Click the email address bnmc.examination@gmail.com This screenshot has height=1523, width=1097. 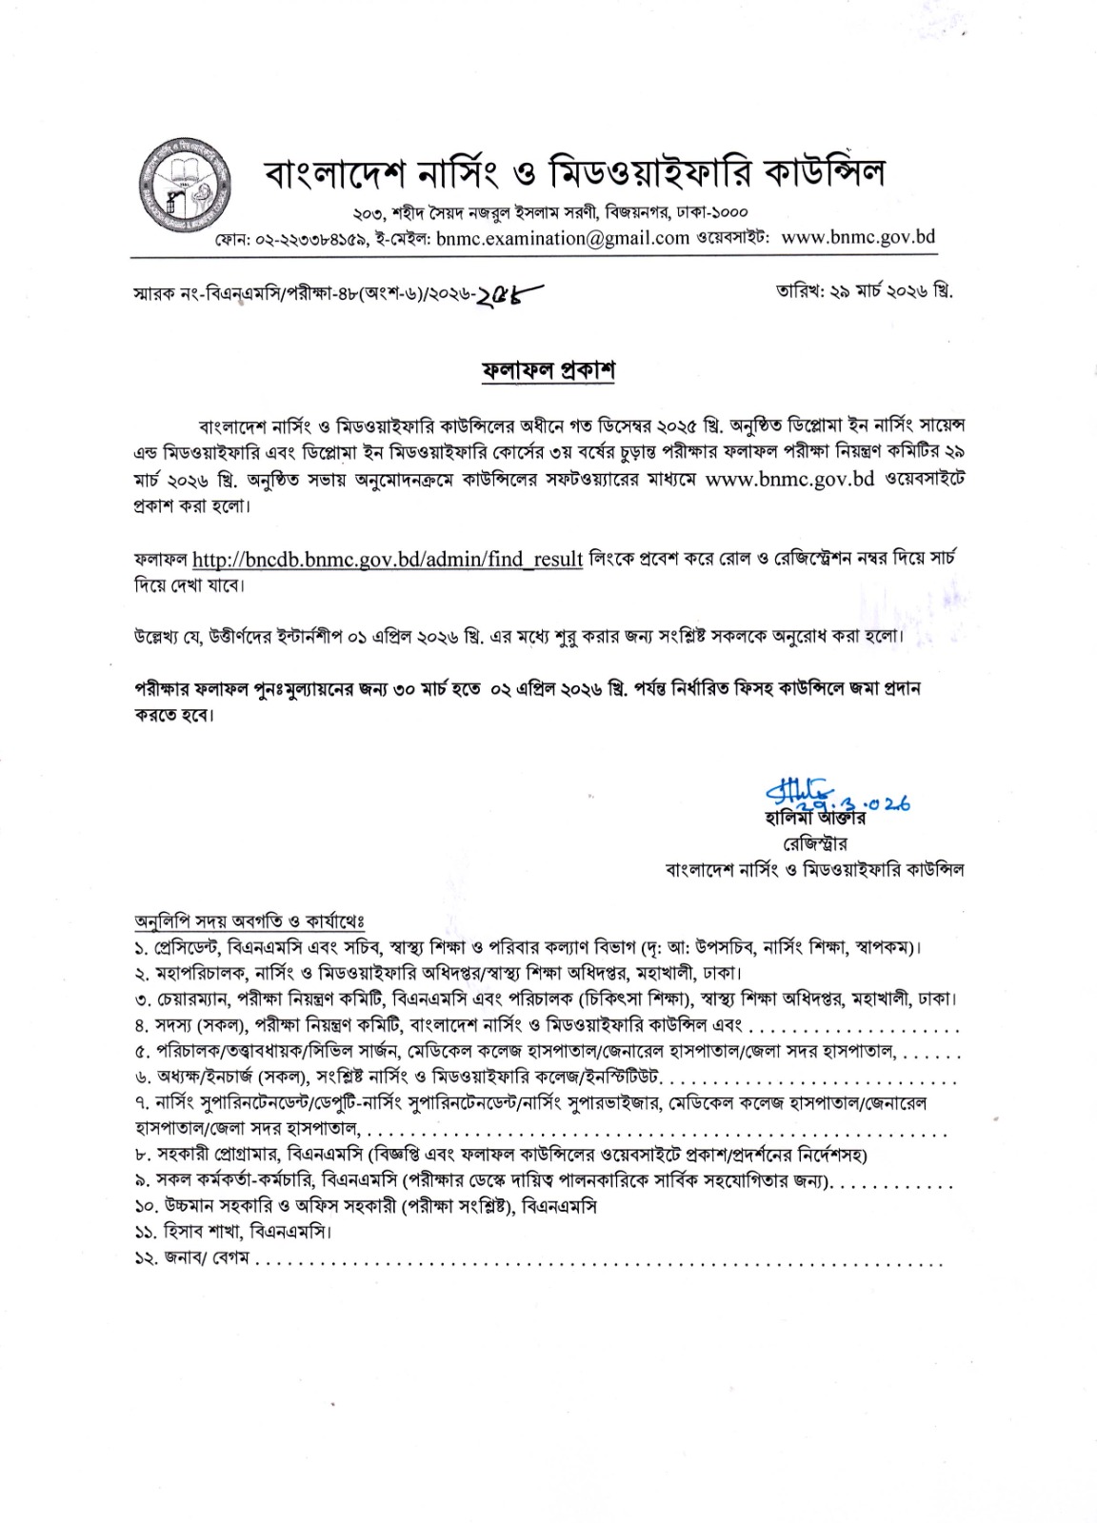[x=563, y=239]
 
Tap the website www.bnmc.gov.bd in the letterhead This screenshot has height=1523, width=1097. [x=858, y=237]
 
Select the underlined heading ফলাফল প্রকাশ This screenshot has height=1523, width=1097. [x=548, y=370]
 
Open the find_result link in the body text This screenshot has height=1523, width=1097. [x=388, y=559]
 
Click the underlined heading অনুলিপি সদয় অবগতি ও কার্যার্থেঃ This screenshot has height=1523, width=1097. [x=249, y=921]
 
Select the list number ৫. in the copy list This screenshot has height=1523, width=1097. [x=142, y=1052]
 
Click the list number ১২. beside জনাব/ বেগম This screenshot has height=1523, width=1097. [x=146, y=1257]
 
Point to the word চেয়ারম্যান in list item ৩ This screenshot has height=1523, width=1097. [x=194, y=999]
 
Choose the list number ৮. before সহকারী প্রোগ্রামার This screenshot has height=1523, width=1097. [x=142, y=1155]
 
